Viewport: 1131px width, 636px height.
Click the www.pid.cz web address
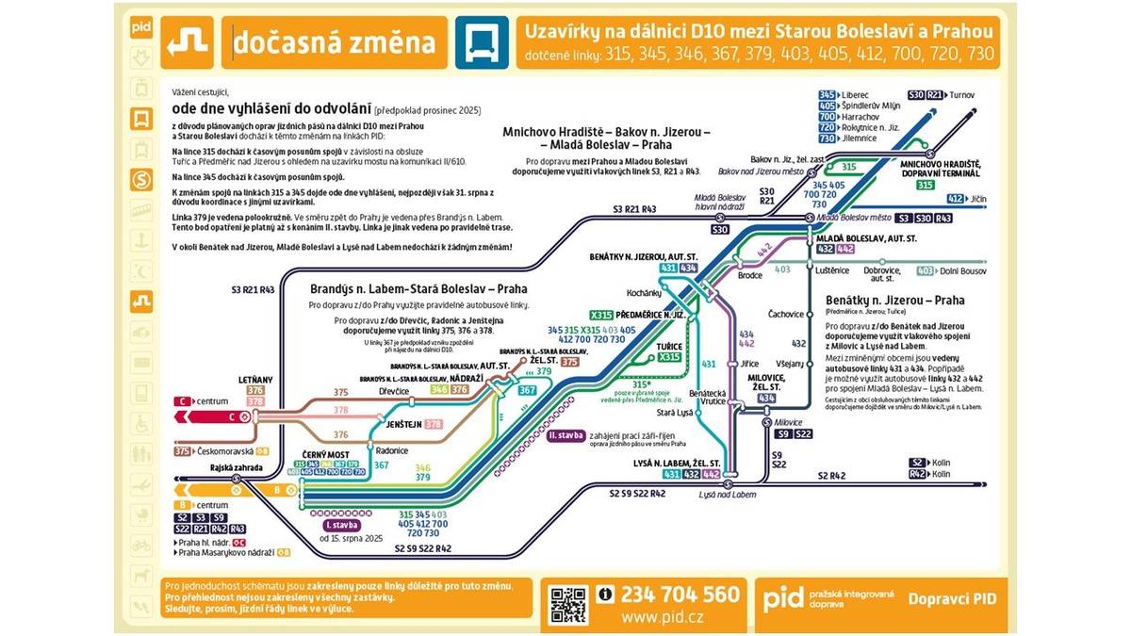click(662, 617)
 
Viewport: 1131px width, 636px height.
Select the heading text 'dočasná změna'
click(334, 42)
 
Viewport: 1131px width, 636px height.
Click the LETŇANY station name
click(254, 379)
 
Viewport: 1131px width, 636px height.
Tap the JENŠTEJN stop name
click(404, 425)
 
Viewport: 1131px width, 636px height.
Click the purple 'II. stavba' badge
click(565, 436)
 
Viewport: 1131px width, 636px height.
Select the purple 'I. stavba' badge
click(339, 525)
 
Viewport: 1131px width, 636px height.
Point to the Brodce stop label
click(750, 276)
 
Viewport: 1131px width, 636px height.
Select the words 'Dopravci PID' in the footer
click(952, 598)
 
